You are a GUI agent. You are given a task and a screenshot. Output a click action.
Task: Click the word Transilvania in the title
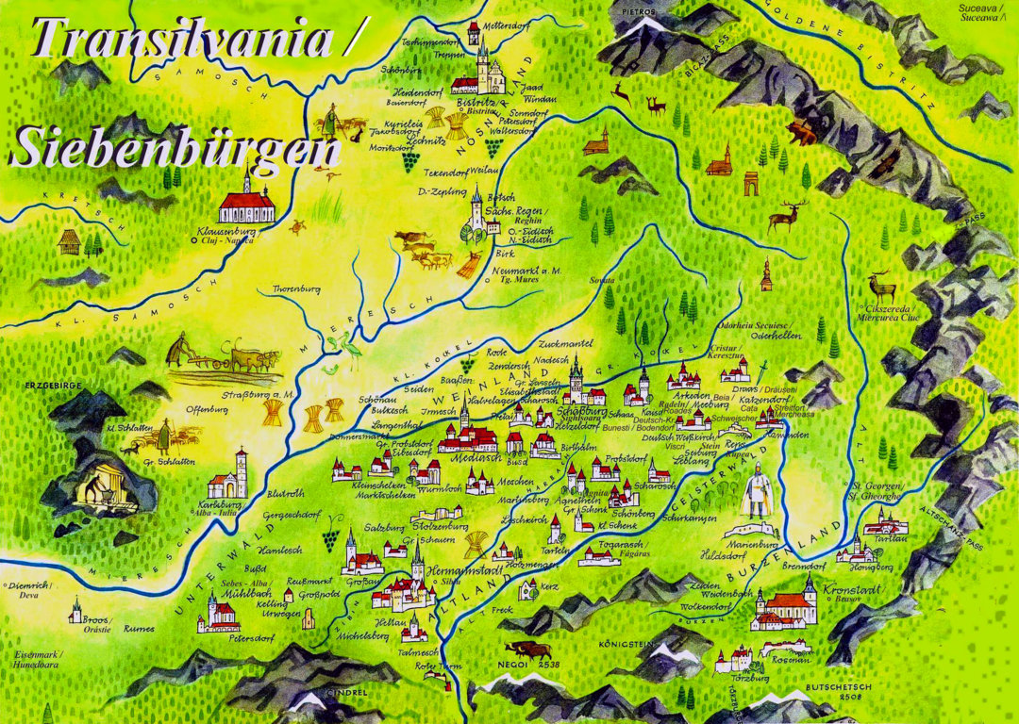tap(179, 40)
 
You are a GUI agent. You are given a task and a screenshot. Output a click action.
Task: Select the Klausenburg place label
tap(226, 230)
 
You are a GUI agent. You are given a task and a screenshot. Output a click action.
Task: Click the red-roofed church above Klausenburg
tap(246, 200)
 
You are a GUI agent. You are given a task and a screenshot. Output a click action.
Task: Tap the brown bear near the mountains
tap(802, 131)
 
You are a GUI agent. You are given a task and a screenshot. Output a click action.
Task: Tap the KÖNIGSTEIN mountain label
tap(625, 645)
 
